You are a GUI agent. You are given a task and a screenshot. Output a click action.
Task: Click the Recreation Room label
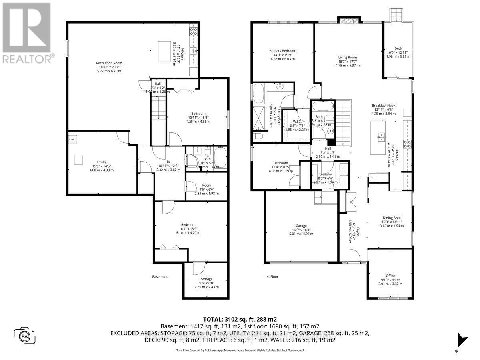pos(109,63)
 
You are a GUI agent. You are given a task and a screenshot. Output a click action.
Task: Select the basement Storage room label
pos(207,279)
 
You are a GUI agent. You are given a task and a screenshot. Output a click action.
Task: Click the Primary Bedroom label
pos(282,51)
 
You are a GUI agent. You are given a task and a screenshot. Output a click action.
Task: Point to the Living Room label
pos(344,58)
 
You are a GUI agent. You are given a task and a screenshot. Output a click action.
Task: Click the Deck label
pos(398,48)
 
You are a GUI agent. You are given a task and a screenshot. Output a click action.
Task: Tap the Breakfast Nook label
pos(383,106)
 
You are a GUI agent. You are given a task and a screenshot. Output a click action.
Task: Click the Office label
pos(390,276)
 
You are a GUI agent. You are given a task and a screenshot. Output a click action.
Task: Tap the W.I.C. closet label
pos(296,122)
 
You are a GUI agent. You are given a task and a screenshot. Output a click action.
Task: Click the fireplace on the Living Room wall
pos(344,20)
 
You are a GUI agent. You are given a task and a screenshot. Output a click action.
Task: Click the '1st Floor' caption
pos(271,276)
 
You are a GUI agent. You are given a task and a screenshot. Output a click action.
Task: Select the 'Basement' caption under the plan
pos(160,276)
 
